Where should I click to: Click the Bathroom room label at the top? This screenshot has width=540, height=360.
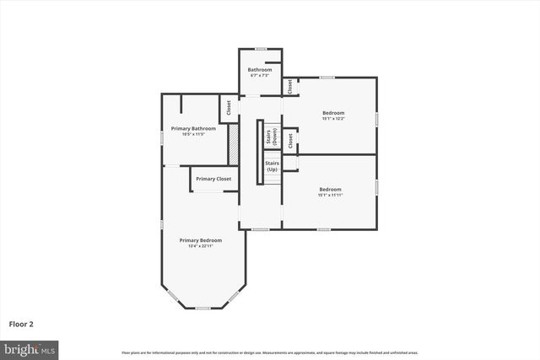click(258, 69)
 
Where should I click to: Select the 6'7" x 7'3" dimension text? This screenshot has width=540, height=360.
click(258, 76)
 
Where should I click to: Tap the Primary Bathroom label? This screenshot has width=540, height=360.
click(193, 128)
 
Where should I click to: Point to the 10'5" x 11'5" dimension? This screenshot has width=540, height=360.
click(193, 135)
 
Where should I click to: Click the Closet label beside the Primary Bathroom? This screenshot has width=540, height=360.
click(227, 108)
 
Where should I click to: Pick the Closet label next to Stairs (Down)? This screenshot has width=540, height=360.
click(289, 140)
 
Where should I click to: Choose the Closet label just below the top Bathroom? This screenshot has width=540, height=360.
click(289, 86)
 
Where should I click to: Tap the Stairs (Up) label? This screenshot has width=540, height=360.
click(272, 166)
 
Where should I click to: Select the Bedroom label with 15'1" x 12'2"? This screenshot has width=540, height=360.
click(332, 112)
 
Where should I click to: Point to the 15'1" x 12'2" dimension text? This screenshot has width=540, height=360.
click(332, 119)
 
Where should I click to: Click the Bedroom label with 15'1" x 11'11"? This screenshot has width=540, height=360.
click(330, 189)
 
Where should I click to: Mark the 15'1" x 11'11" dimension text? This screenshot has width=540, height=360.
click(330, 196)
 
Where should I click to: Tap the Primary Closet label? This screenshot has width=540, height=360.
click(213, 179)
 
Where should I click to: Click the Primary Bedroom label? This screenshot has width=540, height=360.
click(200, 239)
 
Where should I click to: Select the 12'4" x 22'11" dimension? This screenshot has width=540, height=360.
click(200, 246)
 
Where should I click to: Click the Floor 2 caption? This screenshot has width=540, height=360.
click(22, 324)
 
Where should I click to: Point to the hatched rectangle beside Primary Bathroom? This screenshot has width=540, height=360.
click(234, 144)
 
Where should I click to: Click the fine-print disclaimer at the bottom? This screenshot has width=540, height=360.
click(270, 352)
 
